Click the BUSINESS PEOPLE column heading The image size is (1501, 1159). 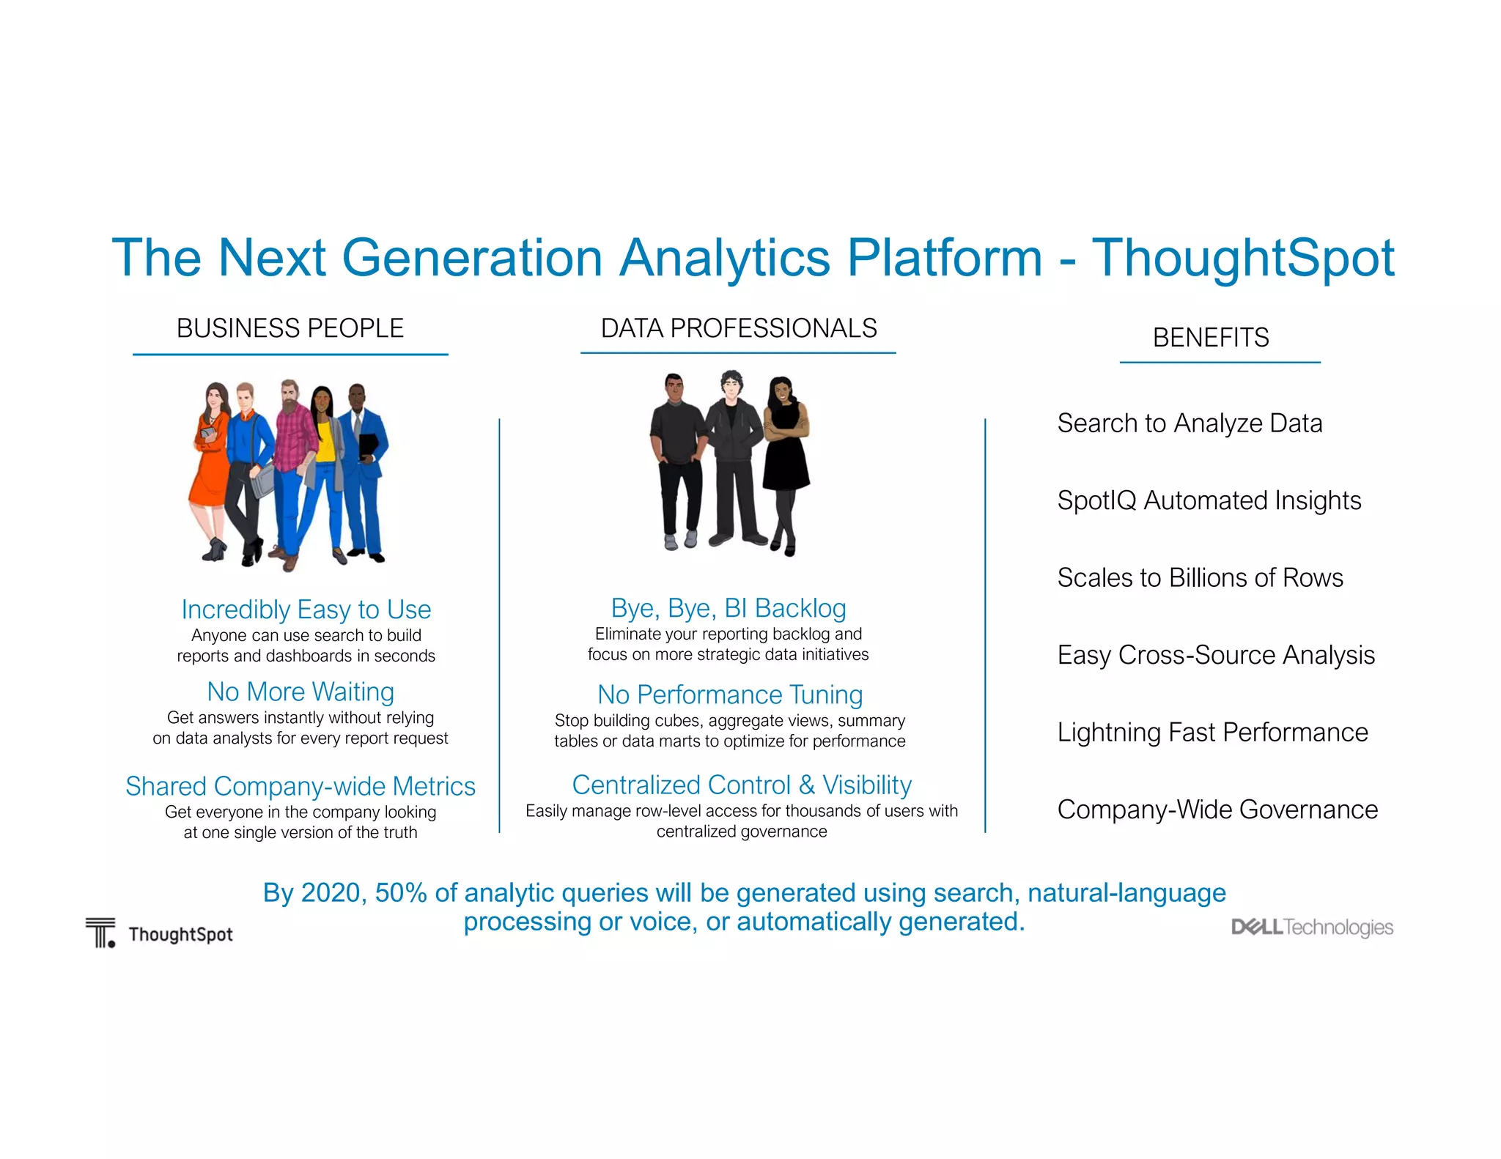click(289, 329)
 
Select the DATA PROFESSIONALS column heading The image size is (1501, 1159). click(738, 329)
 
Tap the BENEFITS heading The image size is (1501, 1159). click(1210, 338)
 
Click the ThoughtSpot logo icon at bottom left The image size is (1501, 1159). click(100, 933)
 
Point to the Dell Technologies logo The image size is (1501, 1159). click(1311, 927)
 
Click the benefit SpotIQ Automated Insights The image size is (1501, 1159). click(1209, 500)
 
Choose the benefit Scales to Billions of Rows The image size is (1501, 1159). click(1200, 578)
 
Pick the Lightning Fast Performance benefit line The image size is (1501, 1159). click(1212, 733)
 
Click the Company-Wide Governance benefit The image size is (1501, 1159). click(1217, 810)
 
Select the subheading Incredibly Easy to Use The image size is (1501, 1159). click(306, 610)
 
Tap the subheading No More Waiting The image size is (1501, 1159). click(300, 692)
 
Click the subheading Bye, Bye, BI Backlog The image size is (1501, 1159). click(728, 608)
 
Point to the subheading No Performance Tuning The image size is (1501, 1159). click(730, 695)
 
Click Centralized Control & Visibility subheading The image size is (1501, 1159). click(741, 785)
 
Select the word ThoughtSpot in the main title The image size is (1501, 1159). click(1242, 258)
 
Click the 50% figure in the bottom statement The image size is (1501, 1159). click(400, 893)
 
